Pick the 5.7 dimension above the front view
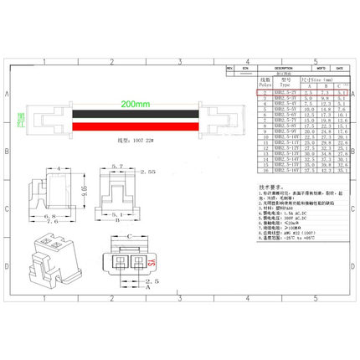click(x=118, y=167)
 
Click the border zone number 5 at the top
click(x=315, y=62)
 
